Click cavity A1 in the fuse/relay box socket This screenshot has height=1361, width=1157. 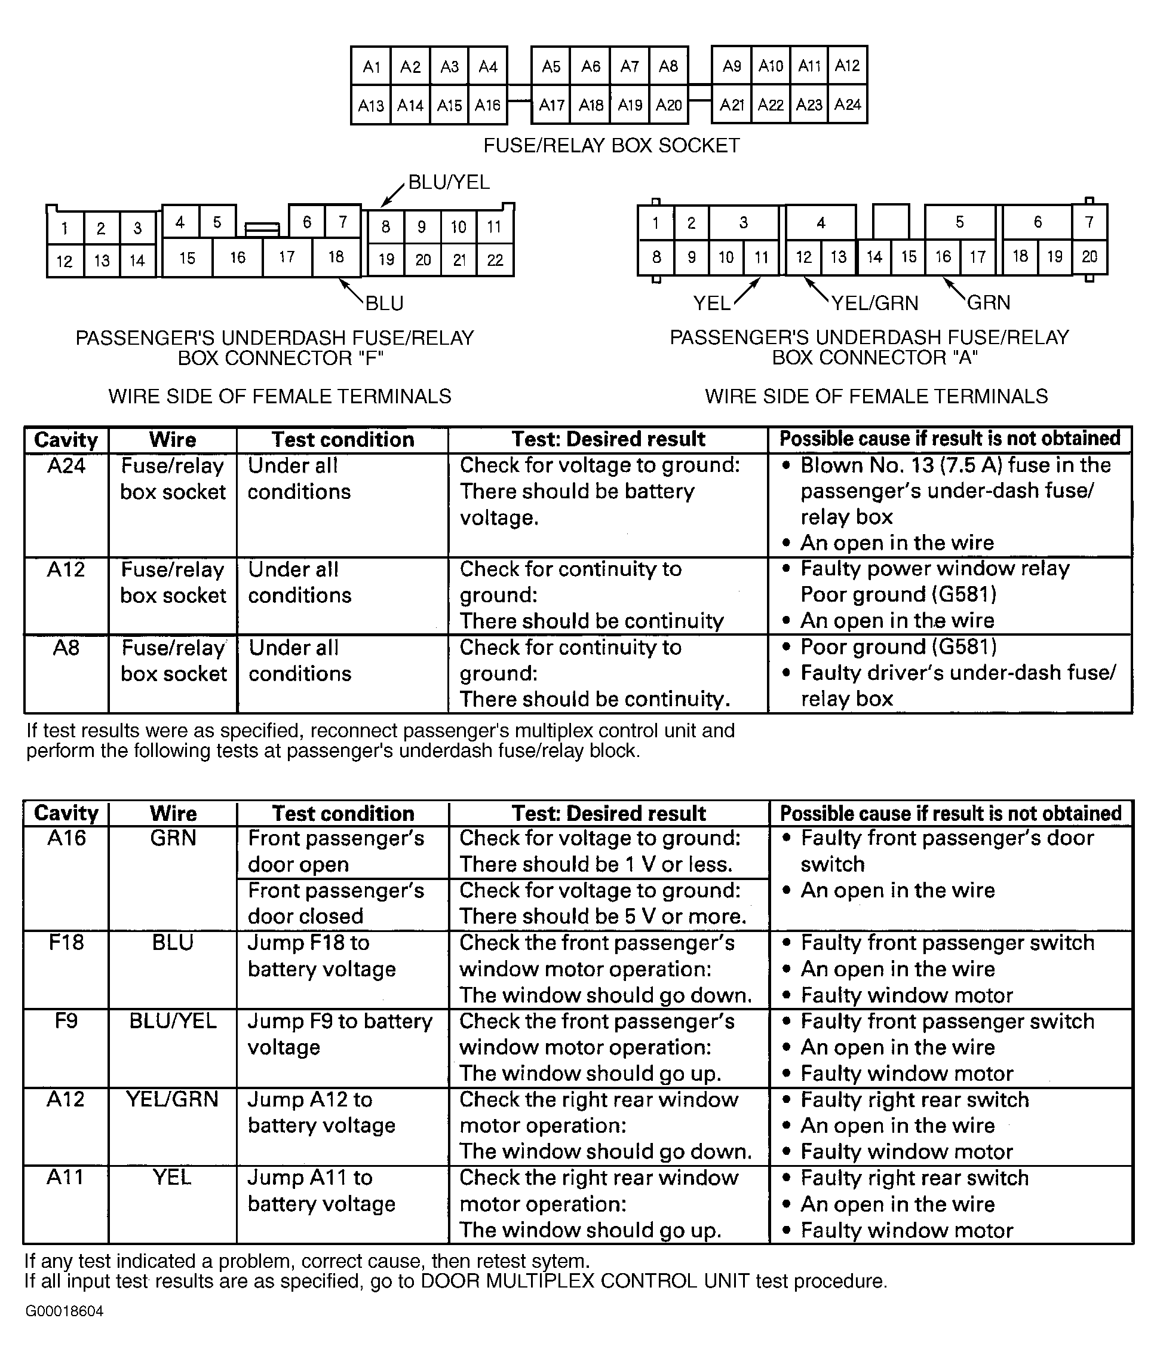(x=372, y=66)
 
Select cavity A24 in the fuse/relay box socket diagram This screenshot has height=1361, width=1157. (x=848, y=105)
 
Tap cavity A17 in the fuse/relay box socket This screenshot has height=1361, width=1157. (x=551, y=105)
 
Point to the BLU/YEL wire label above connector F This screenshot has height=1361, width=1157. (x=449, y=182)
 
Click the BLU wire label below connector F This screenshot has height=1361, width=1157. (x=384, y=303)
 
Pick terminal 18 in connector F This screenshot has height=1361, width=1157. (x=336, y=256)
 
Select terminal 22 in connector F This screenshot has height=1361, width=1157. (x=495, y=260)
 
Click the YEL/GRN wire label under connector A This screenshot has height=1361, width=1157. (x=874, y=303)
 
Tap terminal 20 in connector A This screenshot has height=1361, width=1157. (x=1089, y=256)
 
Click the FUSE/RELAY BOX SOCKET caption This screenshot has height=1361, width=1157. (x=611, y=146)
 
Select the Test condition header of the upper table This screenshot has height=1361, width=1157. (x=342, y=440)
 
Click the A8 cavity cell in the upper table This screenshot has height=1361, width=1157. (x=66, y=648)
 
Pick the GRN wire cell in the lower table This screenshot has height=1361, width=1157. (x=173, y=838)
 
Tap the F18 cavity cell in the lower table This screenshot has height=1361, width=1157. (x=66, y=943)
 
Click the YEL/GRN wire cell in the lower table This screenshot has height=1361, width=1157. (x=173, y=1099)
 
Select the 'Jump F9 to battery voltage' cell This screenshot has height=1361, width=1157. (x=340, y=1034)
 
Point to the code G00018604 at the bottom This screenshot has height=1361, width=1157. (x=65, y=1311)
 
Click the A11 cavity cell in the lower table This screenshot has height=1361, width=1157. (x=66, y=1178)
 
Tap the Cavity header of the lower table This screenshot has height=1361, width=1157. (x=66, y=813)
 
